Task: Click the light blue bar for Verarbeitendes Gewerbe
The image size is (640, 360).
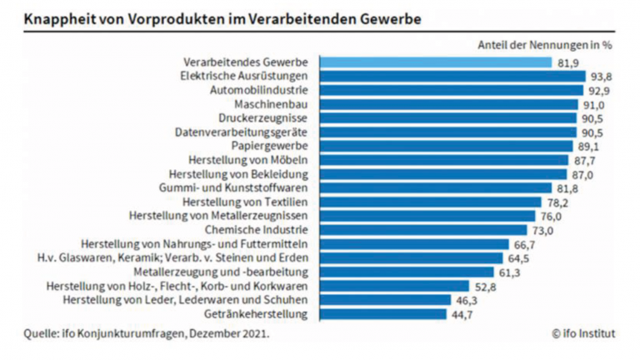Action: pyautogui.click(x=432, y=62)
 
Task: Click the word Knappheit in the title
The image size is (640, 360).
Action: pyautogui.click(x=57, y=17)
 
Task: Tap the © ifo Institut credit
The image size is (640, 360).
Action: pyautogui.click(x=583, y=334)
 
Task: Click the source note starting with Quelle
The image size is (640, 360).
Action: pyautogui.click(x=147, y=334)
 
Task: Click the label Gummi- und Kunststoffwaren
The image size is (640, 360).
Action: pyautogui.click(x=239, y=188)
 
